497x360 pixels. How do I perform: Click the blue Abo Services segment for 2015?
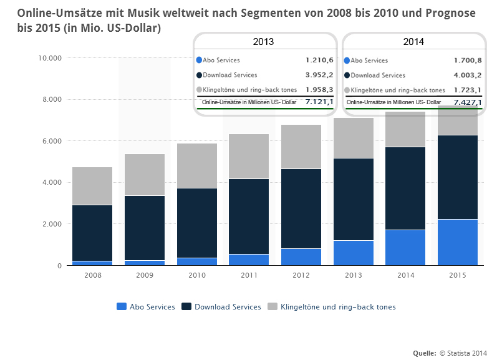pos(462,242)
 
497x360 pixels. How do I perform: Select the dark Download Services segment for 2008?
pos(92,233)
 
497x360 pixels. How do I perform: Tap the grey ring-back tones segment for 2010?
pos(197,165)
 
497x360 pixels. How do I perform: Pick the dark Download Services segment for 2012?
pos(301,208)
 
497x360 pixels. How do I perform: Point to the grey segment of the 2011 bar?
pos(249,156)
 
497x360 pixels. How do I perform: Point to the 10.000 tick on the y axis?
pos(50,58)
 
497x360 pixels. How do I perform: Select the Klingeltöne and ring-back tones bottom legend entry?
pos(332,307)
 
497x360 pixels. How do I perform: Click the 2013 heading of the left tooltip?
pos(264,42)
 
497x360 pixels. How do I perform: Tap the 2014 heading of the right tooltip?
pos(413,42)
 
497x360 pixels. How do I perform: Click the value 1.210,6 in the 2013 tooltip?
pos(319,61)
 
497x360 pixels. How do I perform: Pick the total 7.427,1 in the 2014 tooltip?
pos(468,102)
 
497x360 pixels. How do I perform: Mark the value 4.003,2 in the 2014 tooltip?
pos(468,75)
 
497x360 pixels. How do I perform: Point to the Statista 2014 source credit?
pos(464,353)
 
